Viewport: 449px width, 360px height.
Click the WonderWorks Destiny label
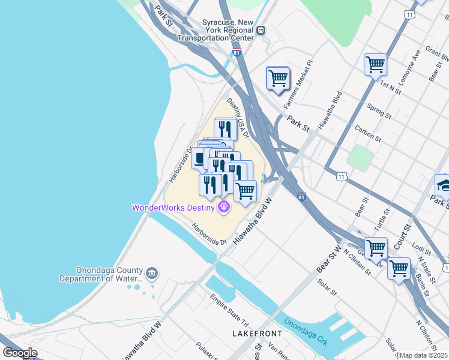174,208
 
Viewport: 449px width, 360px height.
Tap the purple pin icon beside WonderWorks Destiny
224,208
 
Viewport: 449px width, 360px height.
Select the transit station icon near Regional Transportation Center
261,31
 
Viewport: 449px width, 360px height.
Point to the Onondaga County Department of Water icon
152,274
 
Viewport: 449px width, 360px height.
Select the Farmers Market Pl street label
302,79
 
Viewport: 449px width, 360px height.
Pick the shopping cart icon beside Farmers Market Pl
278,78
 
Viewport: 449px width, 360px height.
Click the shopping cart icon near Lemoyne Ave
375,64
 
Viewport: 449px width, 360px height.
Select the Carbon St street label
368,133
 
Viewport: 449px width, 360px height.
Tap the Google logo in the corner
20,353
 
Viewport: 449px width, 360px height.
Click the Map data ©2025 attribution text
423,355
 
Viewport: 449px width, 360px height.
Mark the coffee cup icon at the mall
200,159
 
